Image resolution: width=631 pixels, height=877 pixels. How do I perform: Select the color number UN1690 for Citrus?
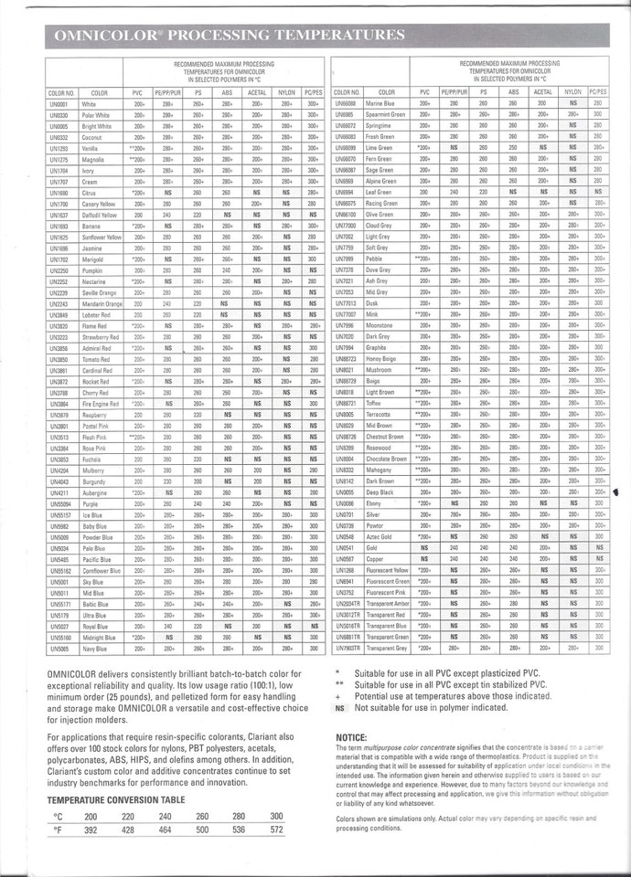point(59,194)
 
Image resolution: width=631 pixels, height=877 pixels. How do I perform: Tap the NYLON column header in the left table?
point(286,92)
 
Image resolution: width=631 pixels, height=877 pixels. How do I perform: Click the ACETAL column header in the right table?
point(542,92)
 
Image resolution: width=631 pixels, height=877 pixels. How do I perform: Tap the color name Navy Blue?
point(96,648)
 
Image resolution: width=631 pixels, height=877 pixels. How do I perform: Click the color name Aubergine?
point(96,492)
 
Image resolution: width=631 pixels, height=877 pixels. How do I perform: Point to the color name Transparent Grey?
point(387,648)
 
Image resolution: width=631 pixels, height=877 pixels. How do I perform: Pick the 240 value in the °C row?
point(166,815)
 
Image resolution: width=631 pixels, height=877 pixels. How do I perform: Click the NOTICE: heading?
point(351,736)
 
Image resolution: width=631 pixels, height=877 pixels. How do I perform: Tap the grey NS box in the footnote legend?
point(340,706)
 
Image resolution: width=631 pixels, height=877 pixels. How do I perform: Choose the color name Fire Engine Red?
point(100,403)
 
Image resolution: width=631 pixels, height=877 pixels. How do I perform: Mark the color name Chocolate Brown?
point(386,459)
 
